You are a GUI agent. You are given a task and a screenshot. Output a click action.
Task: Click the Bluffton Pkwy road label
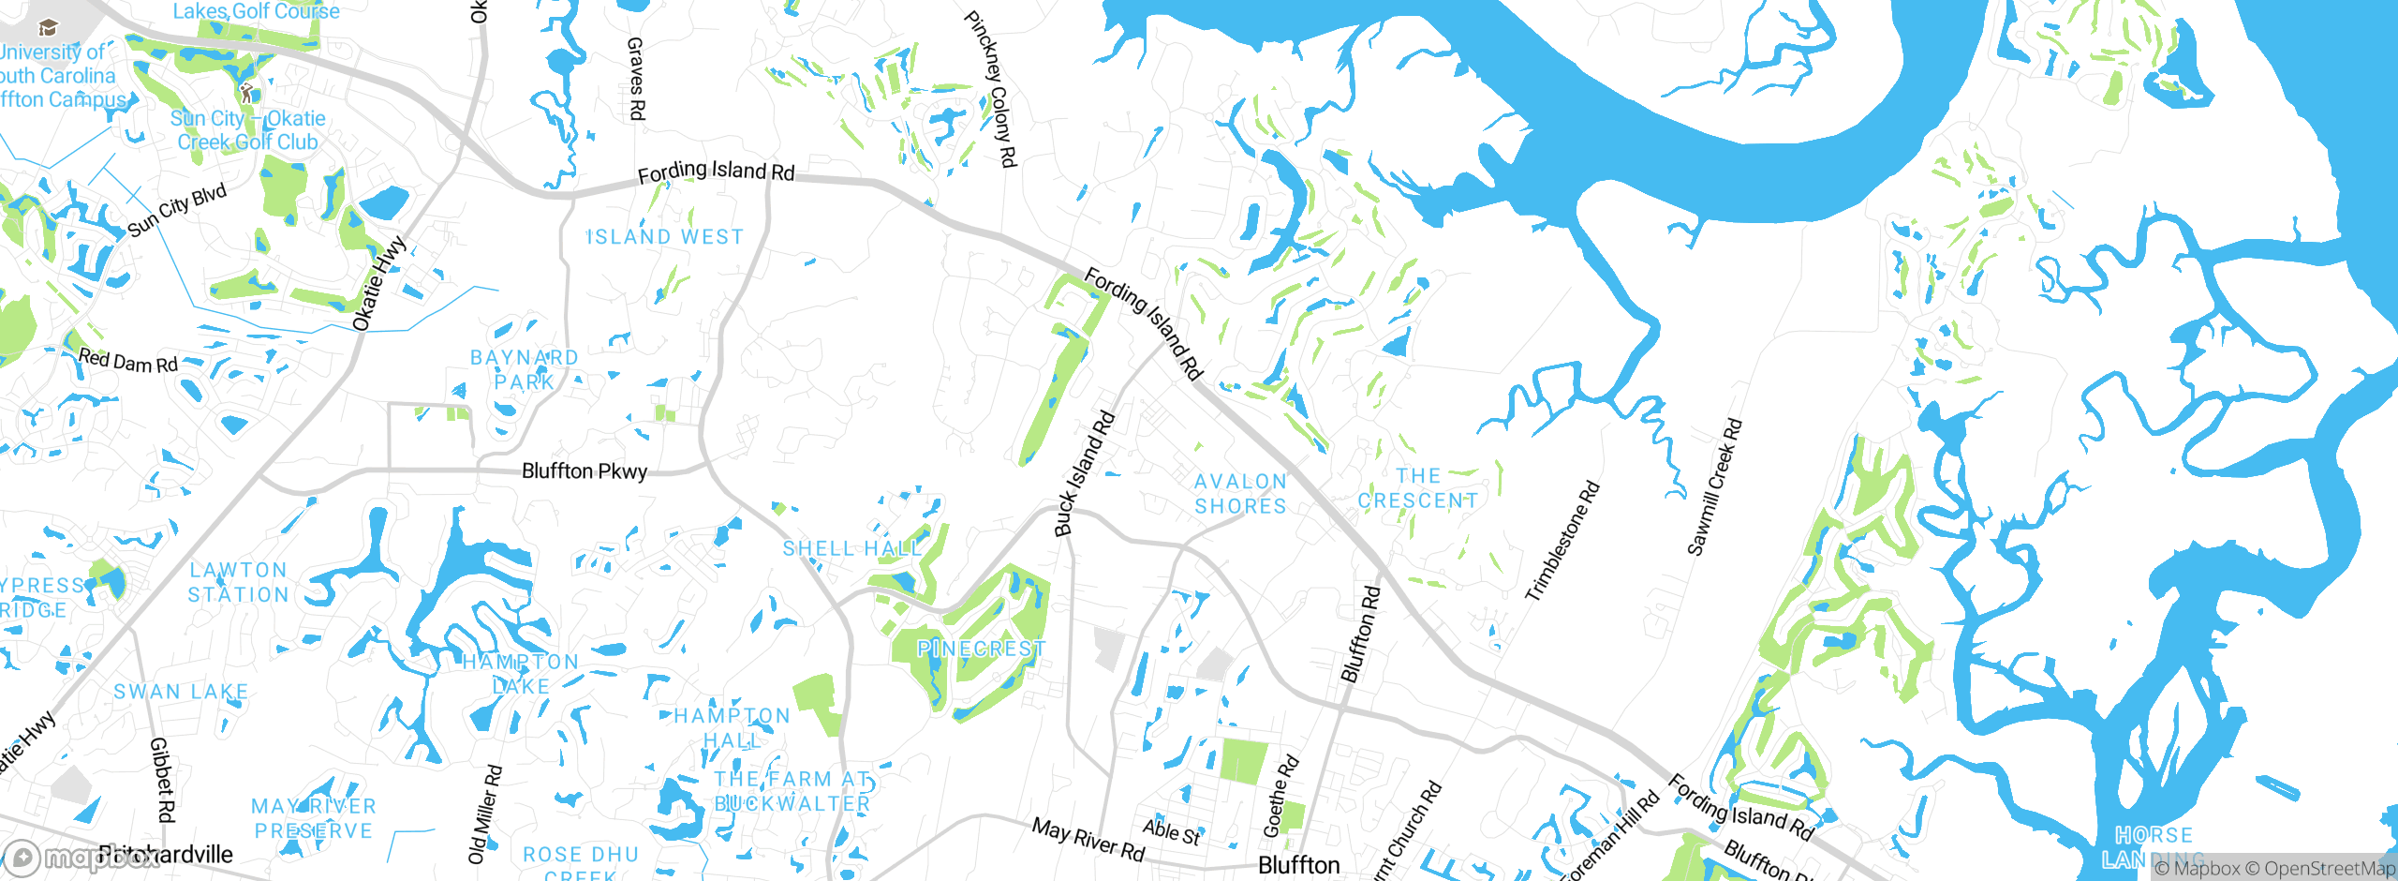coord(584,470)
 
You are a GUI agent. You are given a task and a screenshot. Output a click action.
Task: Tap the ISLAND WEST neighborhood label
coord(665,237)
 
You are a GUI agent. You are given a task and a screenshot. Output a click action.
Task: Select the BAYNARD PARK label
coord(525,370)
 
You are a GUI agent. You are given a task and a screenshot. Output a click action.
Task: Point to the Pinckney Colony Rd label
coord(991,89)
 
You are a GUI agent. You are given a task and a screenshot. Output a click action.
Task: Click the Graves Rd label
coord(636,79)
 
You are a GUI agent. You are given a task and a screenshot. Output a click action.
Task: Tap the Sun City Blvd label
coord(177,211)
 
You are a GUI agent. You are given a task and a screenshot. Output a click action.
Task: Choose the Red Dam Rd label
coord(128,361)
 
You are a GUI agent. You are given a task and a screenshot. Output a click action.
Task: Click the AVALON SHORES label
coord(1240,494)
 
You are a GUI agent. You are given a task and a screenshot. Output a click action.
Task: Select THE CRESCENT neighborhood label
coord(1418,488)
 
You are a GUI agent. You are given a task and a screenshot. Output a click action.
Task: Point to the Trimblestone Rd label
coord(1562,541)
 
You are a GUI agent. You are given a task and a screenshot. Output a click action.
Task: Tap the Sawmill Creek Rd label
coord(1714,487)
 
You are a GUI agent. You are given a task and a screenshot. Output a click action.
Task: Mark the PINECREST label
coord(981,649)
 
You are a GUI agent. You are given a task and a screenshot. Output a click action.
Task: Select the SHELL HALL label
coord(852,548)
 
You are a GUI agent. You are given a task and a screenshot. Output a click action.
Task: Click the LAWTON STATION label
coord(239,582)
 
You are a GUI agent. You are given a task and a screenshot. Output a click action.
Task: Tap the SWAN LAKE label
coord(181,692)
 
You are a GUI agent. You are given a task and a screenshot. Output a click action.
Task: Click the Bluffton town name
coord(1298,865)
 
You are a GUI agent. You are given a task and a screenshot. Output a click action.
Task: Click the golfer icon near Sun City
coord(246,93)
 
